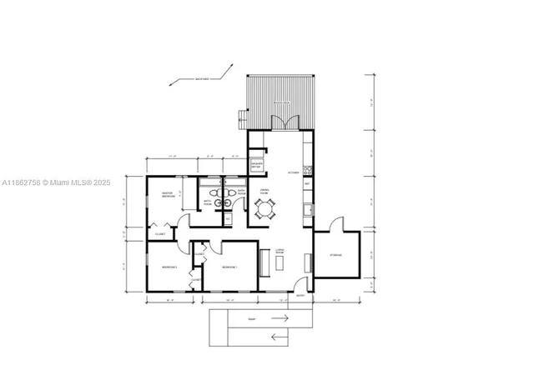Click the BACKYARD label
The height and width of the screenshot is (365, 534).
[202, 78]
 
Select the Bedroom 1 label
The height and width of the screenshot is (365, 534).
[229, 267]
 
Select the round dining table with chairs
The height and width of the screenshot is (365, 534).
[266, 212]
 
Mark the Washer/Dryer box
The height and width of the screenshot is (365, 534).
[257, 165]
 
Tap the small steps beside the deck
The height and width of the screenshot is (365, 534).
[244, 115]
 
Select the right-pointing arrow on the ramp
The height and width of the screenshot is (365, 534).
[280, 318]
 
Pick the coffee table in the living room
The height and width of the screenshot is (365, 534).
[280, 261]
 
